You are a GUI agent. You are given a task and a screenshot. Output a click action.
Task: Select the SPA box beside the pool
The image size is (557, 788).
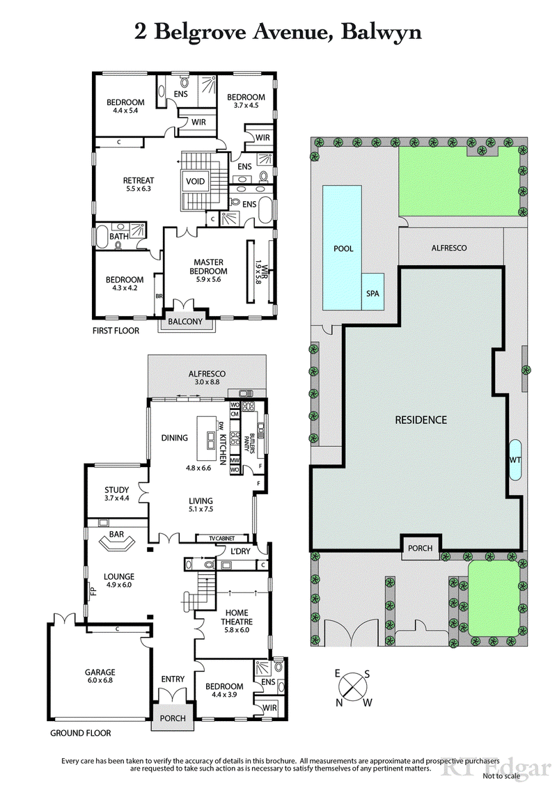tap(372, 293)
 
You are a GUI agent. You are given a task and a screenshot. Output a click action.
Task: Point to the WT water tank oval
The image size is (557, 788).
tap(516, 460)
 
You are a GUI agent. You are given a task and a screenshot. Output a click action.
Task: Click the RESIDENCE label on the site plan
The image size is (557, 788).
tap(421, 420)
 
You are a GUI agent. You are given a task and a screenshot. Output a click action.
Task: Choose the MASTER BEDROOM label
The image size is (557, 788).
tap(209, 267)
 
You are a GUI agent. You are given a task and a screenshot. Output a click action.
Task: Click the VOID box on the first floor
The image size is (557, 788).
tap(195, 182)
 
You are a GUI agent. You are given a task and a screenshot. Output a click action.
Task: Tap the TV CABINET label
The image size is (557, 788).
tap(224, 539)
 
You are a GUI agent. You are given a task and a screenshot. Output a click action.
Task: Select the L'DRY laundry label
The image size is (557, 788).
tap(233, 552)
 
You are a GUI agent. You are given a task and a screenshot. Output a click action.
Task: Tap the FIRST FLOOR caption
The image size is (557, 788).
tap(116, 331)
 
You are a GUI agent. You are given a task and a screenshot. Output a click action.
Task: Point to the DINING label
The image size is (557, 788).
tap(174, 438)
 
